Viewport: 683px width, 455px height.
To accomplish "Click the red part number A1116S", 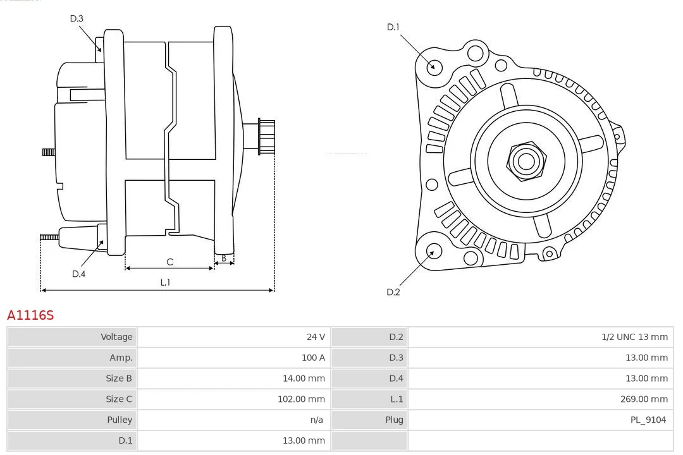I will [x=30, y=315].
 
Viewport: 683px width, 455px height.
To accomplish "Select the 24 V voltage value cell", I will [x=316, y=337].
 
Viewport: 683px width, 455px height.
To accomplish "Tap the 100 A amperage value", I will [x=313, y=358].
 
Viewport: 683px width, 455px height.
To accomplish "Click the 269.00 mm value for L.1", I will [x=644, y=399].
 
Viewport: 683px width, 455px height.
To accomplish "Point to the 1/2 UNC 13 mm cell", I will [x=634, y=337].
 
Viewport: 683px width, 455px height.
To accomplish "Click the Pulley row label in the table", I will [x=120, y=420].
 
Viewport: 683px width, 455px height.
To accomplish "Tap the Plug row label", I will [x=394, y=420].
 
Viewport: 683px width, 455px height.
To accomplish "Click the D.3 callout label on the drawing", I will [x=77, y=18].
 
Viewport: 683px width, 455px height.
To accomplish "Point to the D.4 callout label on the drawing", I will [x=78, y=274].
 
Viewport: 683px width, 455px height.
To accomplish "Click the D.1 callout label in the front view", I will [x=393, y=27].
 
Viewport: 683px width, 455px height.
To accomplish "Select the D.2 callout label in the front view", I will [x=393, y=292].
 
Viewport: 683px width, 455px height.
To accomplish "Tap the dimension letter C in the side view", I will [x=169, y=262].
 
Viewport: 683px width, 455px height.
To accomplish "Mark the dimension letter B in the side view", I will [x=224, y=258].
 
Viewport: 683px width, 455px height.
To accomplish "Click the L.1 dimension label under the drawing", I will [x=165, y=282].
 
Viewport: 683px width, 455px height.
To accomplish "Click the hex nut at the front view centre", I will [x=526, y=161].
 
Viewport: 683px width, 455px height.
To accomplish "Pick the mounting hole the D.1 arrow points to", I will [x=434, y=66].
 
